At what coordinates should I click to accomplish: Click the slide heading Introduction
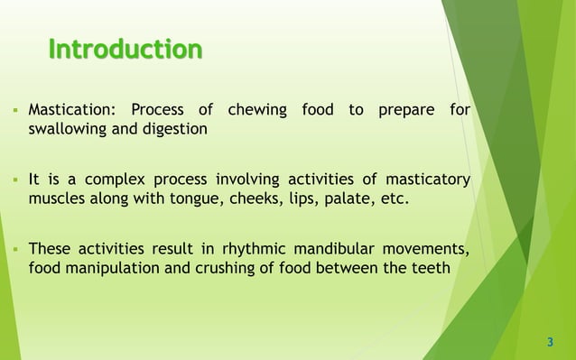125,48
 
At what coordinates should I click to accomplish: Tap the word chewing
257,111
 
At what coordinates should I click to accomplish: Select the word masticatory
428,180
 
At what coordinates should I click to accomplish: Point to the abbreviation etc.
393,198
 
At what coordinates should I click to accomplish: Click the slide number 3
550,342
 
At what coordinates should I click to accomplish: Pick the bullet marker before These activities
16,249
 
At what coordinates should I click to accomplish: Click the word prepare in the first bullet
402,111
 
